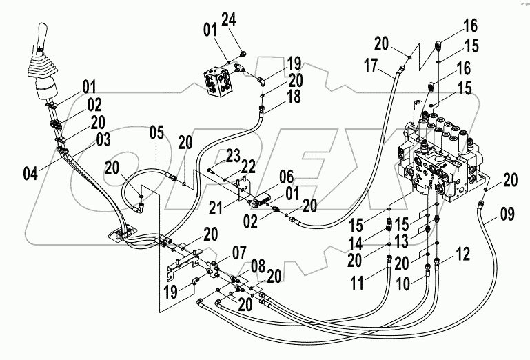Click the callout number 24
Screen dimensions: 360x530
(229, 21)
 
